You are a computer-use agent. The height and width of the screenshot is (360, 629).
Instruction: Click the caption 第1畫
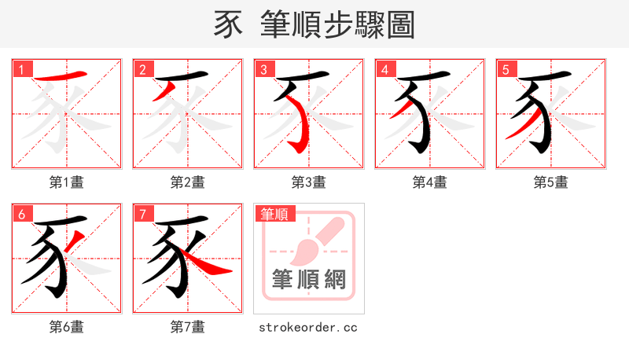click(x=67, y=182)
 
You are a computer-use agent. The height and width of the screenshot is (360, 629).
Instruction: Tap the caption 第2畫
click(x=188, y=182)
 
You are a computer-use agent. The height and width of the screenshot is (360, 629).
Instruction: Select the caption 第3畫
click(x=309, y=182)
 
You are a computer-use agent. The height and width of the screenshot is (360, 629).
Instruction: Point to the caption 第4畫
click(x=430, y=182)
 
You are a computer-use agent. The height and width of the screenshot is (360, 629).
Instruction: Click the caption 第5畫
click(x=551, y=182)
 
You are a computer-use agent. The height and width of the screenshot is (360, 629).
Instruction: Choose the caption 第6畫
click(x=67, y=327)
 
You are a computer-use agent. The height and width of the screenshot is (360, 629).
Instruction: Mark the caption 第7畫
click(x=188, y=327)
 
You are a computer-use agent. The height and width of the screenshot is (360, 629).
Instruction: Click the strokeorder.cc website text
click(x=308, y=327)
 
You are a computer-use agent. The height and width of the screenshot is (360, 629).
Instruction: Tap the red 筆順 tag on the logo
click(x=274, y=214)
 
